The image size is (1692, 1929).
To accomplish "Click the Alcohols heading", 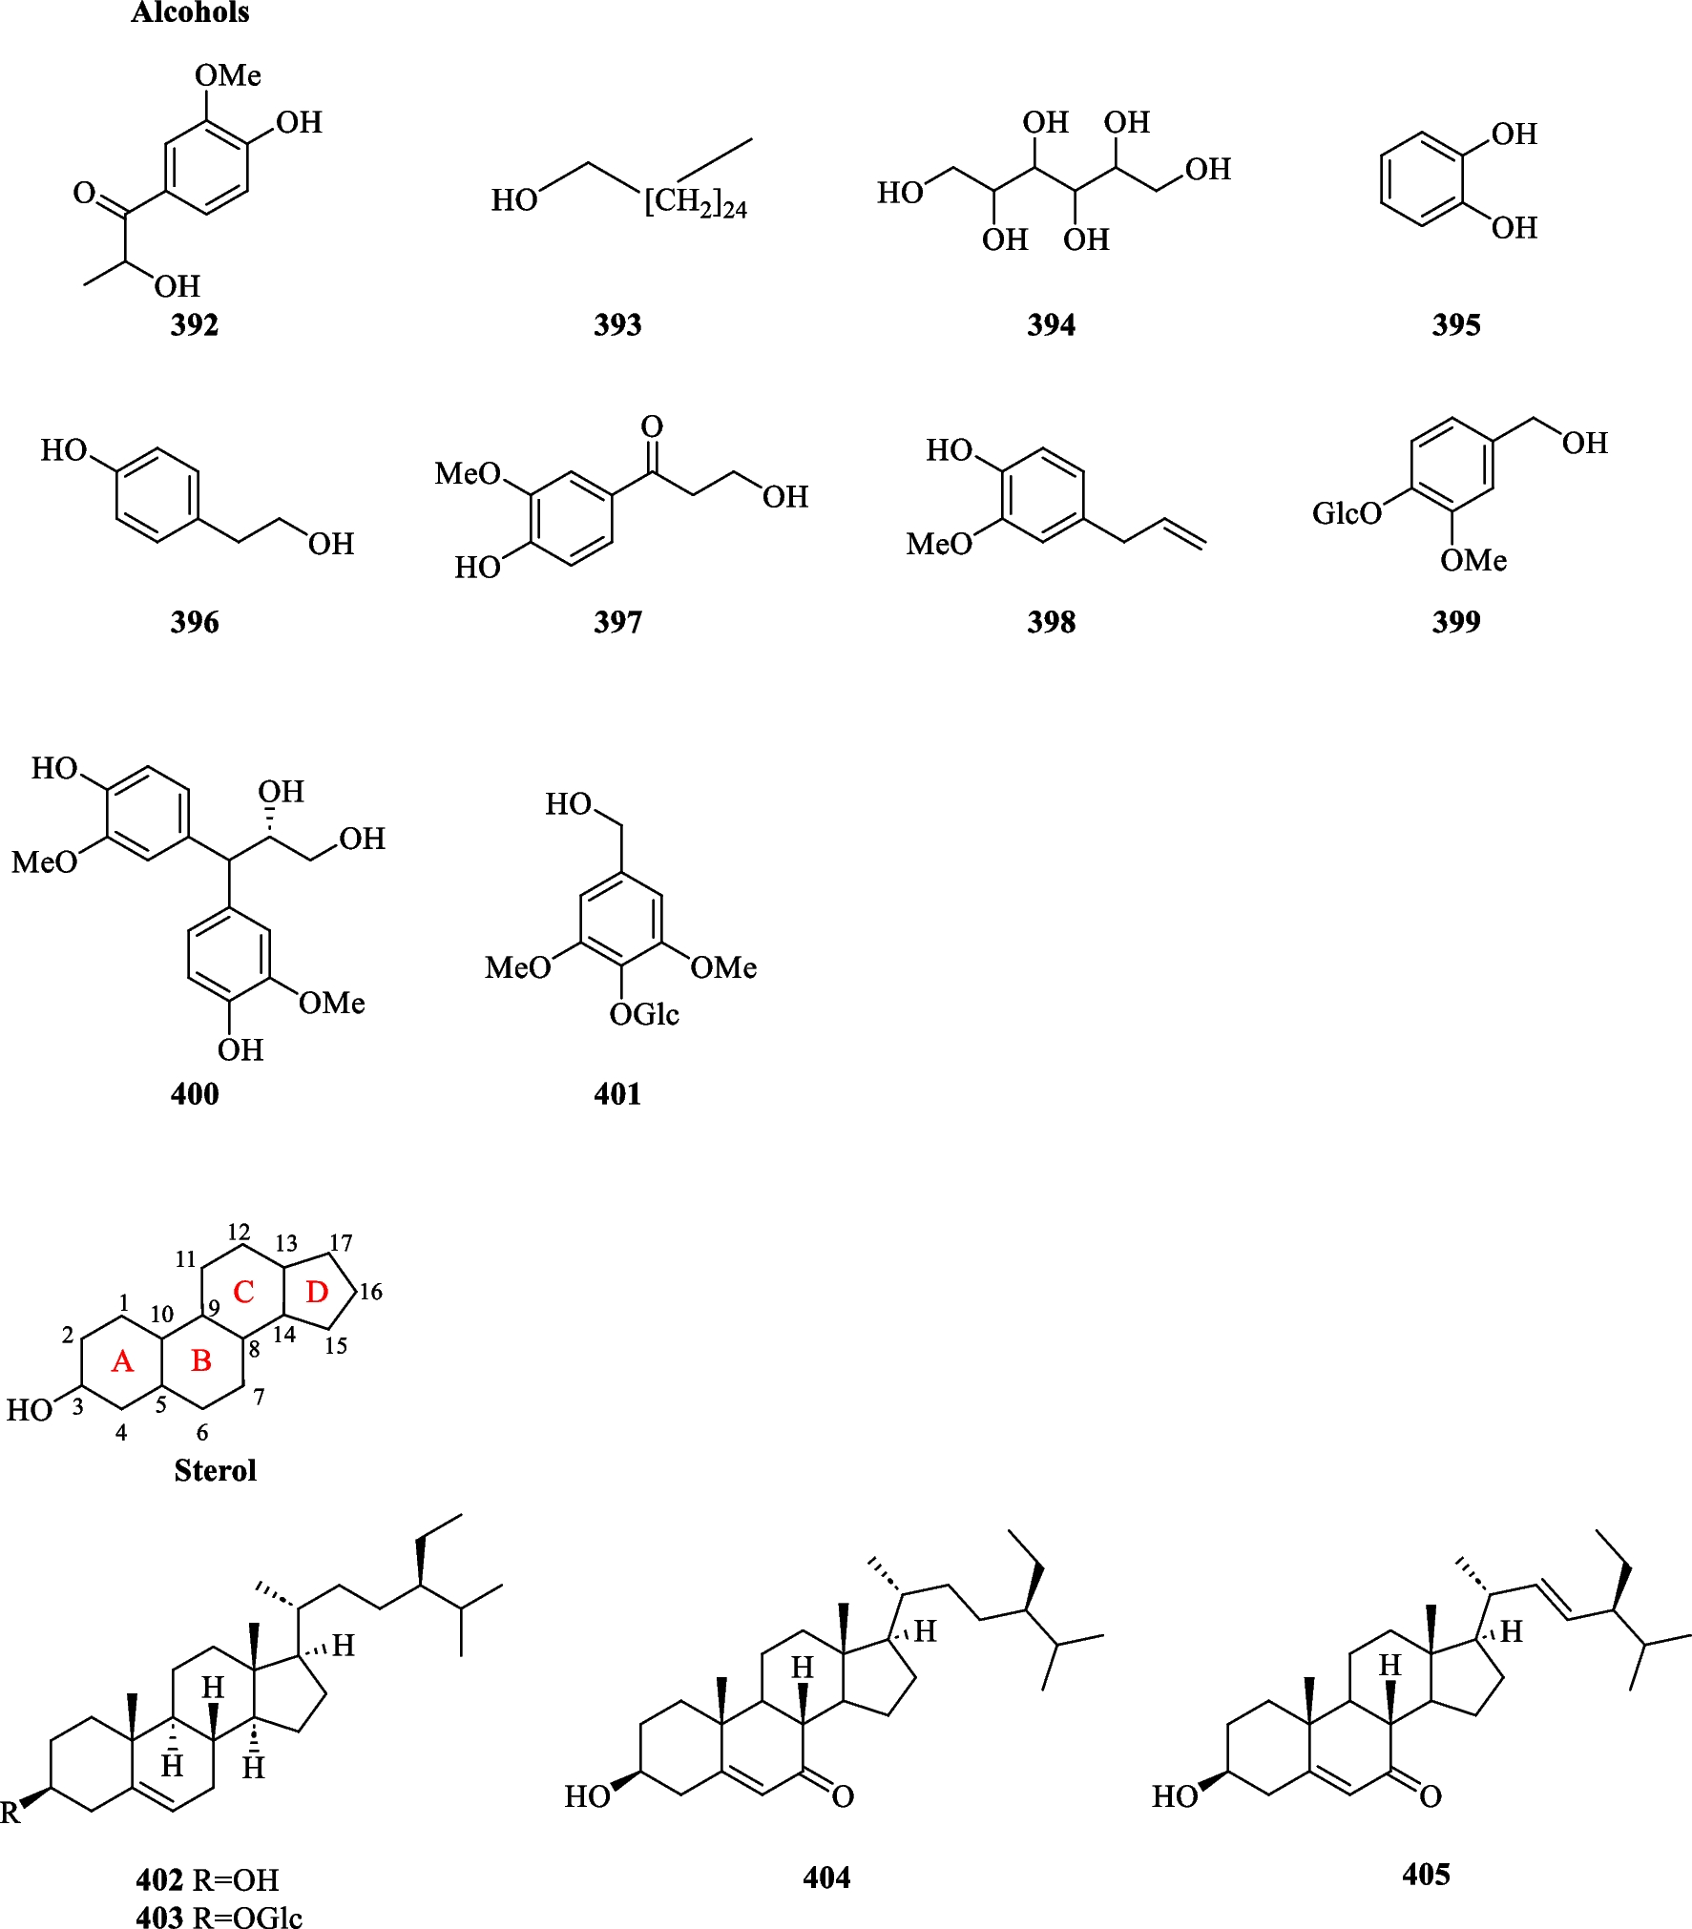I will [190, 12].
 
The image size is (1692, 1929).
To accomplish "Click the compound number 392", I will [195, 325].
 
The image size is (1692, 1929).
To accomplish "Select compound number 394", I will [1051, 325].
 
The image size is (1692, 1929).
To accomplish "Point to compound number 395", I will [1455, 325].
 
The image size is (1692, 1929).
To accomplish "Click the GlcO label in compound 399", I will [1346, 514].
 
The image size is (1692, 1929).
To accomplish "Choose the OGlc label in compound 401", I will [644, 1014].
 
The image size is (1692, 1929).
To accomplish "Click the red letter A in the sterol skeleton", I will [122, 1361].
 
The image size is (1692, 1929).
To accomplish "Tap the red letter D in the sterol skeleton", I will [317, 1293].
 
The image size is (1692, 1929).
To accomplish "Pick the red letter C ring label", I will [243, 1293].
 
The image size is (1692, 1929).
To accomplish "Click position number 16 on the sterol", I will [370, 1293].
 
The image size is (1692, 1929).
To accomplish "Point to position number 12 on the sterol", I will [239, 1232].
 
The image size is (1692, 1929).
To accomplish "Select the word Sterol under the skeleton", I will [215, 1470].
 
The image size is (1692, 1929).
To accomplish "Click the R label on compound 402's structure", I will [10, 1813].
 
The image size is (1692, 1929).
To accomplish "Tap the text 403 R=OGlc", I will [219, 1916].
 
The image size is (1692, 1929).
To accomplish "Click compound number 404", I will [826, 1877].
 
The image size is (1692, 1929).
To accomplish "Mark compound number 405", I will [1426, 1875].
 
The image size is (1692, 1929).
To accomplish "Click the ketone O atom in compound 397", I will [652, 426].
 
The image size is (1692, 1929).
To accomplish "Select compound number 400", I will [195, 1093].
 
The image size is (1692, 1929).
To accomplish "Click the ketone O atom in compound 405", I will [1430, 1796].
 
